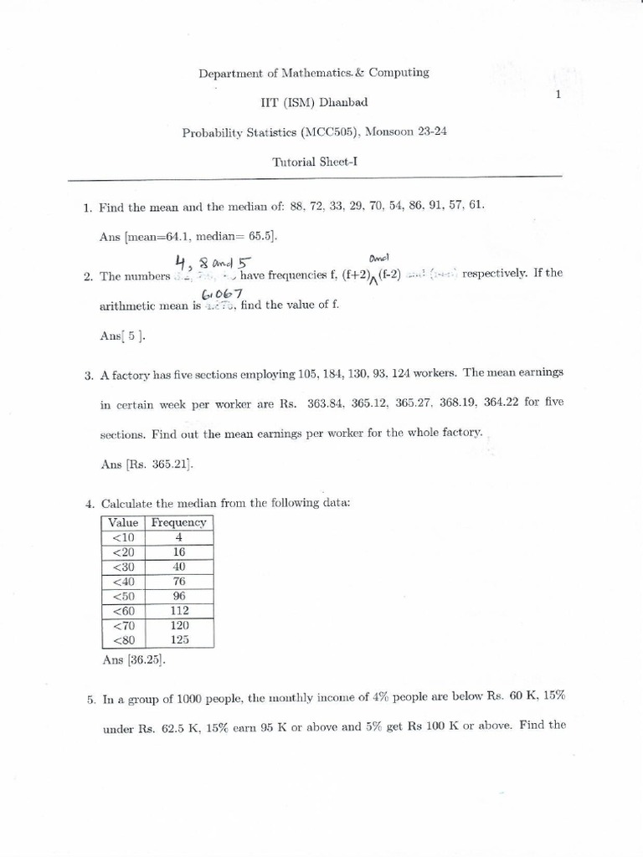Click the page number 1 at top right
pyautogui.click(x=557, y=95)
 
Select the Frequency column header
pyautogui.click(x=178, y=522)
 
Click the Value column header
pyautogui.click(x=123, y=522)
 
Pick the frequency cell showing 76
pyautogui.click(x=178, y=581)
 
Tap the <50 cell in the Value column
pyautogui.click(x=123, y=596)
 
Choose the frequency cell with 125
pyautogui.click(x=178, y=639)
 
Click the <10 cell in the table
pyautogui.click(x=123, y=537)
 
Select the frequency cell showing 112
pyautogui.click(x=178, y=610)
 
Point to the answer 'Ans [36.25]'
pyautogui.click(x=133, y=659)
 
